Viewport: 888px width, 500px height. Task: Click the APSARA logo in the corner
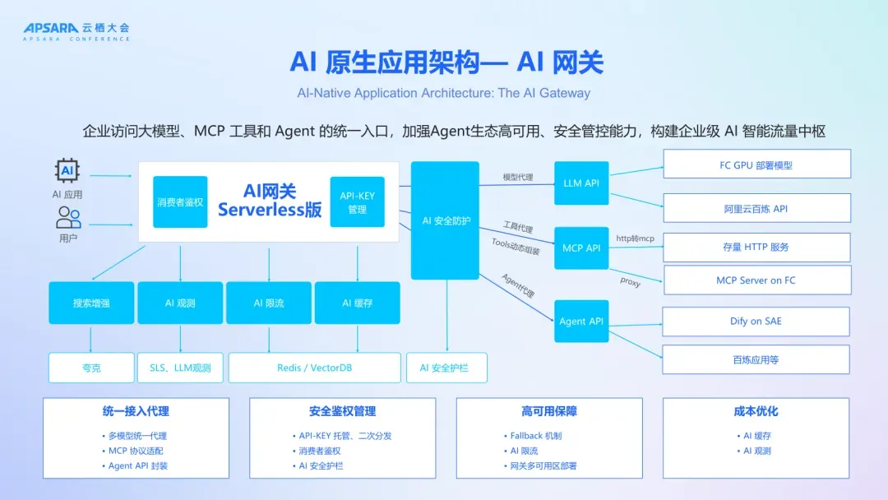pyautogui.click(x=76, y=31)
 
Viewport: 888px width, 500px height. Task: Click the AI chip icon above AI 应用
pyautogui.click(x=67, y=171)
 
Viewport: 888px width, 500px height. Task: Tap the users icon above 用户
pyautogui.click(x=68, y=218)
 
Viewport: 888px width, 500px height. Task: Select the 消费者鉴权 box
pyautogui.click(x=180, y=202)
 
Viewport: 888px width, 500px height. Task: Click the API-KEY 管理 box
pyautogui.click(x=357, y=202)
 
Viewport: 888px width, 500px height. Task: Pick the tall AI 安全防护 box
pyautogui.click(x=445, y=220)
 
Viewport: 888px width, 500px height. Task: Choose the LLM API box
pyautogui.click(x=580, y=183)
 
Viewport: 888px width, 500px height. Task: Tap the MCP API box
pyautogui.click(x=580, y=248)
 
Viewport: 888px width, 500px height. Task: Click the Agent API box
pyautogui.click(x=580, y=321)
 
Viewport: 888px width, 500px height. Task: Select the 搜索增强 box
pyautogui.click(x=91, y=303)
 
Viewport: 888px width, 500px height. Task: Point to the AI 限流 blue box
pyautogui.click(x=269, y=303)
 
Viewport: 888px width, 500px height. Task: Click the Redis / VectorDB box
pyautogui.click(x=314, y=368)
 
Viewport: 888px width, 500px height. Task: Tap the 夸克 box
pyautogui.click(x=91, y=368)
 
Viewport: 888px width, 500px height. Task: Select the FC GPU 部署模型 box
pyautogui.click(x=756, y=164)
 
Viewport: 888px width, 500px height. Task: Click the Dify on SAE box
pyautogui.click(x=756, y=322)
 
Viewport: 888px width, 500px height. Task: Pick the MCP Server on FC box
pyautogui.click(x=756, y=280)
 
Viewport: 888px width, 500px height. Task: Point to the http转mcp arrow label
pyautogui.click(x=634, y=238)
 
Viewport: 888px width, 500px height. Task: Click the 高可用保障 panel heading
pyautogui.click(x=548, y=411)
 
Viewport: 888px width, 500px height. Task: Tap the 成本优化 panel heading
pyautogui.click(x=756, y=411)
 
